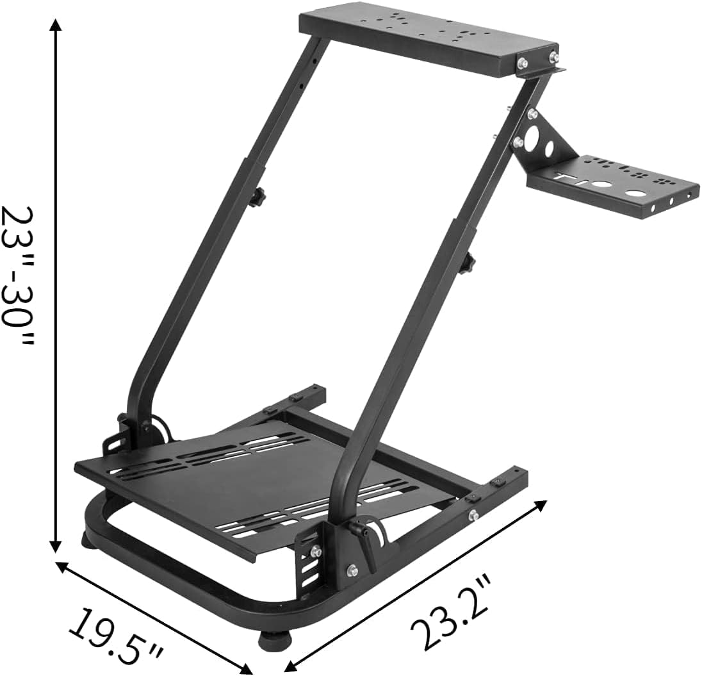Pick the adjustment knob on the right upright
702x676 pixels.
[x=471, y=263]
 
